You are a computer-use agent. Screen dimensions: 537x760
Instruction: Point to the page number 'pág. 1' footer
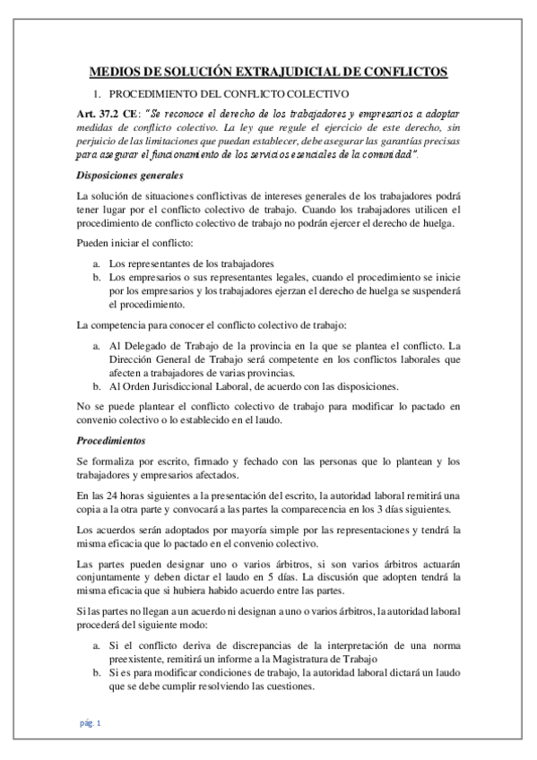pos(91,722)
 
